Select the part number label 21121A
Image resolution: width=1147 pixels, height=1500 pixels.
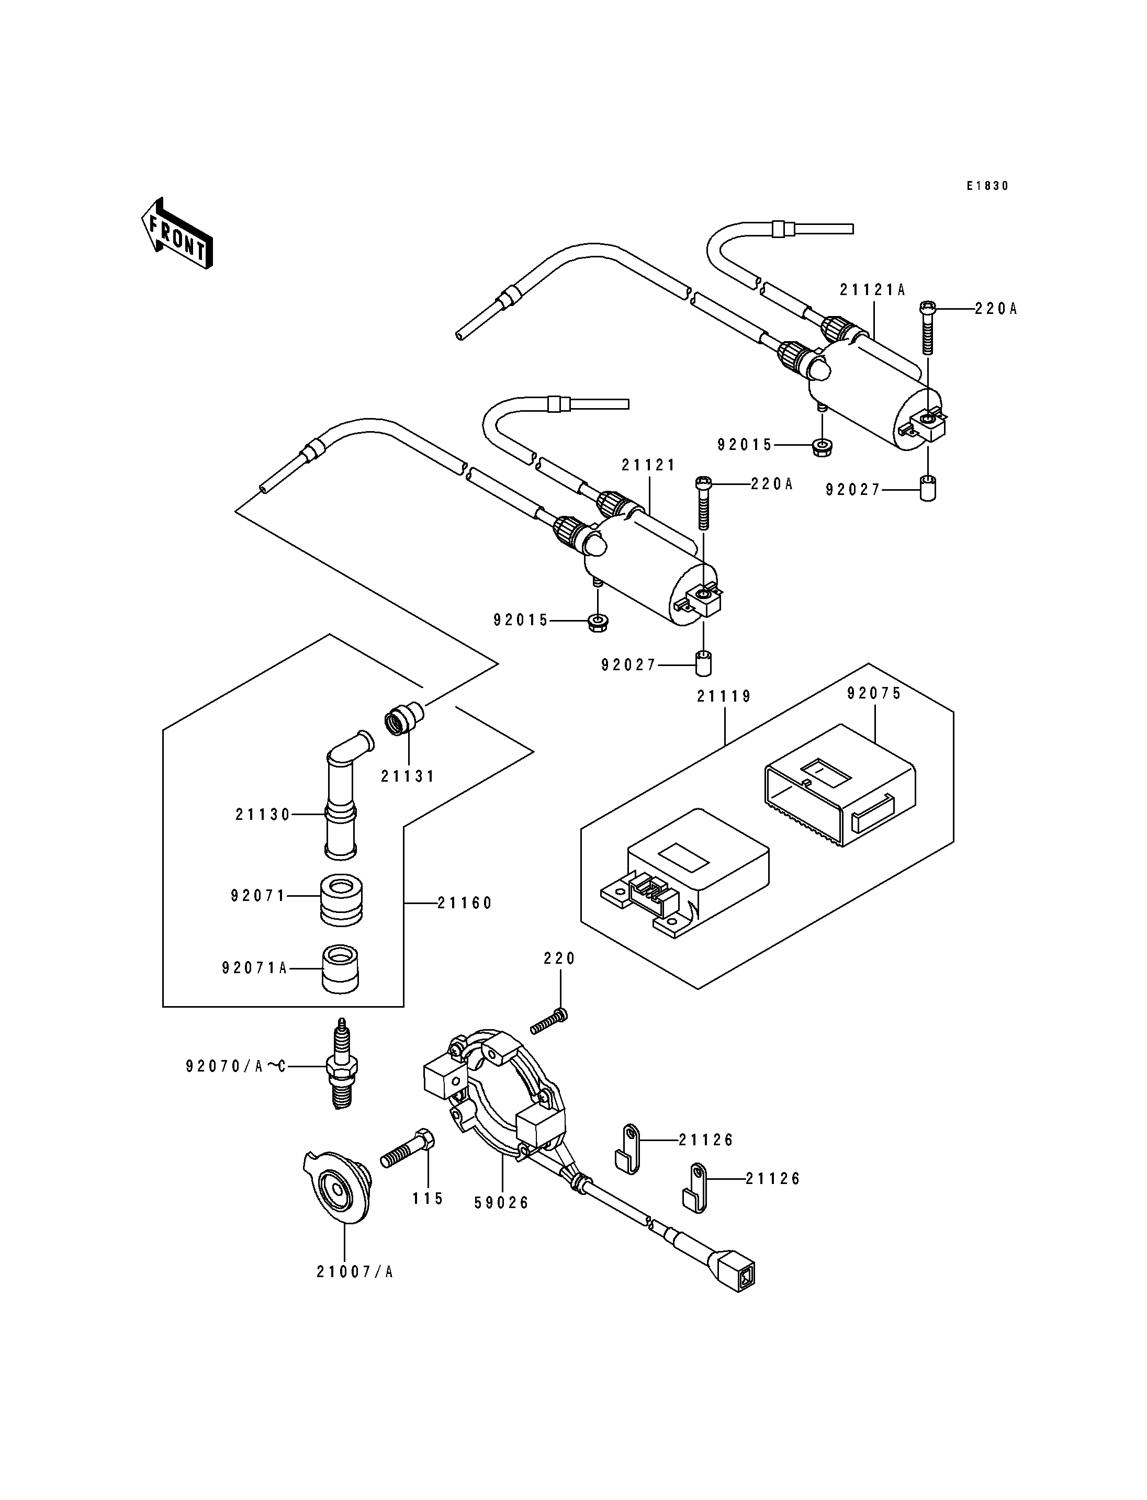click(x=872, y=289)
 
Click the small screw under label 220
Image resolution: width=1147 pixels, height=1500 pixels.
click(x=549, y=1041)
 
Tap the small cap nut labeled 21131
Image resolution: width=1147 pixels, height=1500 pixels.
click(x=403, y=720)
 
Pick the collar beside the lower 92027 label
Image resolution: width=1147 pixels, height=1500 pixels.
click(x=703, y=663)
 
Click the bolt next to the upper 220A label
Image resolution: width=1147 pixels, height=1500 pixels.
click(x=928, y=327)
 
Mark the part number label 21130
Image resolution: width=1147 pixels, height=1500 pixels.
click(x=263, y=815)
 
